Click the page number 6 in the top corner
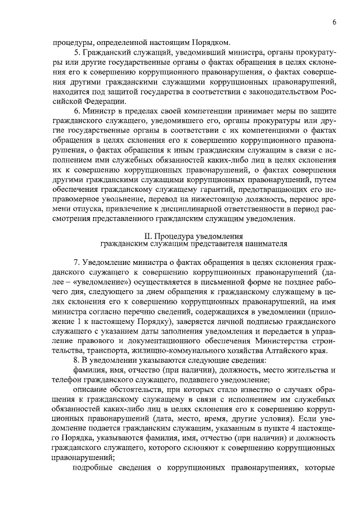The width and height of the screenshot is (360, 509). coord(334,22)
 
